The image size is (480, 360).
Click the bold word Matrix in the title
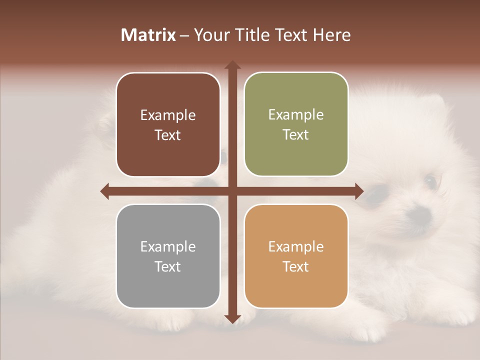click(x=148, y=35)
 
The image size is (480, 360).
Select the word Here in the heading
click(x=331, y=35)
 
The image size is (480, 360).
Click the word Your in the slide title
click(x=210, y=35)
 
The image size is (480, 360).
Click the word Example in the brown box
click(x=168, y=115)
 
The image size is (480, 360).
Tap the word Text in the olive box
click(x=296, y=135)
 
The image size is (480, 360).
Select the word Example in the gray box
click(x=168, y=246)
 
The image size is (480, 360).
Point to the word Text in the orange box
click(x=296, y=266)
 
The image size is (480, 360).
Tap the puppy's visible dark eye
click(x=430, y=180)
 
